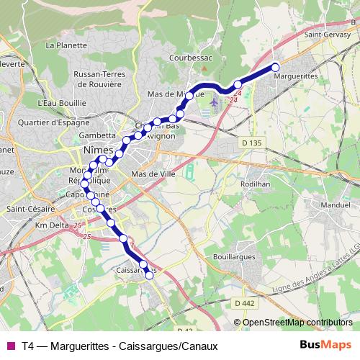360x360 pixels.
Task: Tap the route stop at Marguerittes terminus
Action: tap(275, 68)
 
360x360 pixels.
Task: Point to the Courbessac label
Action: tap(189, 56)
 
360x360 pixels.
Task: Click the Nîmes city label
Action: tap(99, 150)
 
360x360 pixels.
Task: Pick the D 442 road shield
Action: tap(245, 303)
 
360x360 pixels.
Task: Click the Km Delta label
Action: tap(51, 225)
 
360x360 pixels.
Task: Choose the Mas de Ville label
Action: tap(150, 174)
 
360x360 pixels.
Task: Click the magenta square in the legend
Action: tap(9, 346)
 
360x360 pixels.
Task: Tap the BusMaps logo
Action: tap(326, 346)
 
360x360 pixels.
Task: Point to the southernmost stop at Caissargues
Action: tap(150, 274)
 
